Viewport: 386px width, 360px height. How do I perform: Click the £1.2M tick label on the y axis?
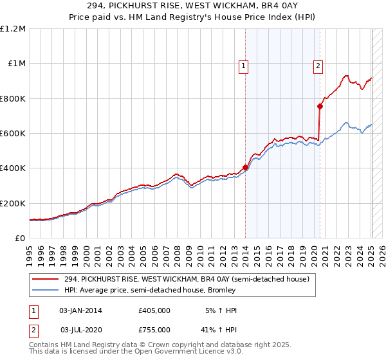coord(13,29)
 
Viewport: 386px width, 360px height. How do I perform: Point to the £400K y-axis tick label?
coord(13,168)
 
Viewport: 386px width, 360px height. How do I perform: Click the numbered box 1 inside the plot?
coord(244,65)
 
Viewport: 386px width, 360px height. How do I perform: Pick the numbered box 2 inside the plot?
coord(318,65)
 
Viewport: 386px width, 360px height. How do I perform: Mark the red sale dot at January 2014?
coord(245,168)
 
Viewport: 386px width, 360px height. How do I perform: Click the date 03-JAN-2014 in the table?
coord(80,310)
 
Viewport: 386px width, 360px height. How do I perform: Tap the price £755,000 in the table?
coord(154,329)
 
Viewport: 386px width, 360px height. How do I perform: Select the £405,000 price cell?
coord(154,310)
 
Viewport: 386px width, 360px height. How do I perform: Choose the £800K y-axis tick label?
coord(13,98)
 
